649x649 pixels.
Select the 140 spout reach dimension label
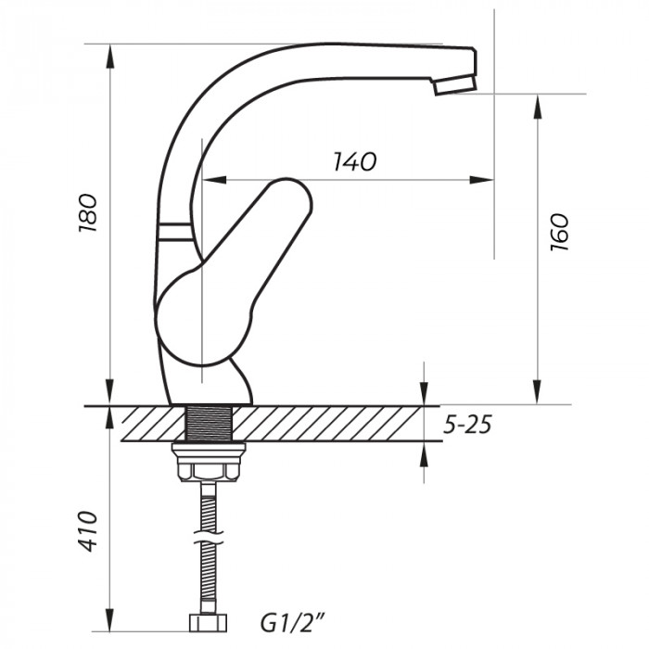coord(354,162)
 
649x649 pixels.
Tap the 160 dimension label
coord(558,233)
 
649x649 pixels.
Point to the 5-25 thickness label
coord(466,426)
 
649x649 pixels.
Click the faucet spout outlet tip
coord(454,86)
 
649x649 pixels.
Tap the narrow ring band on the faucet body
coord(176,232)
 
